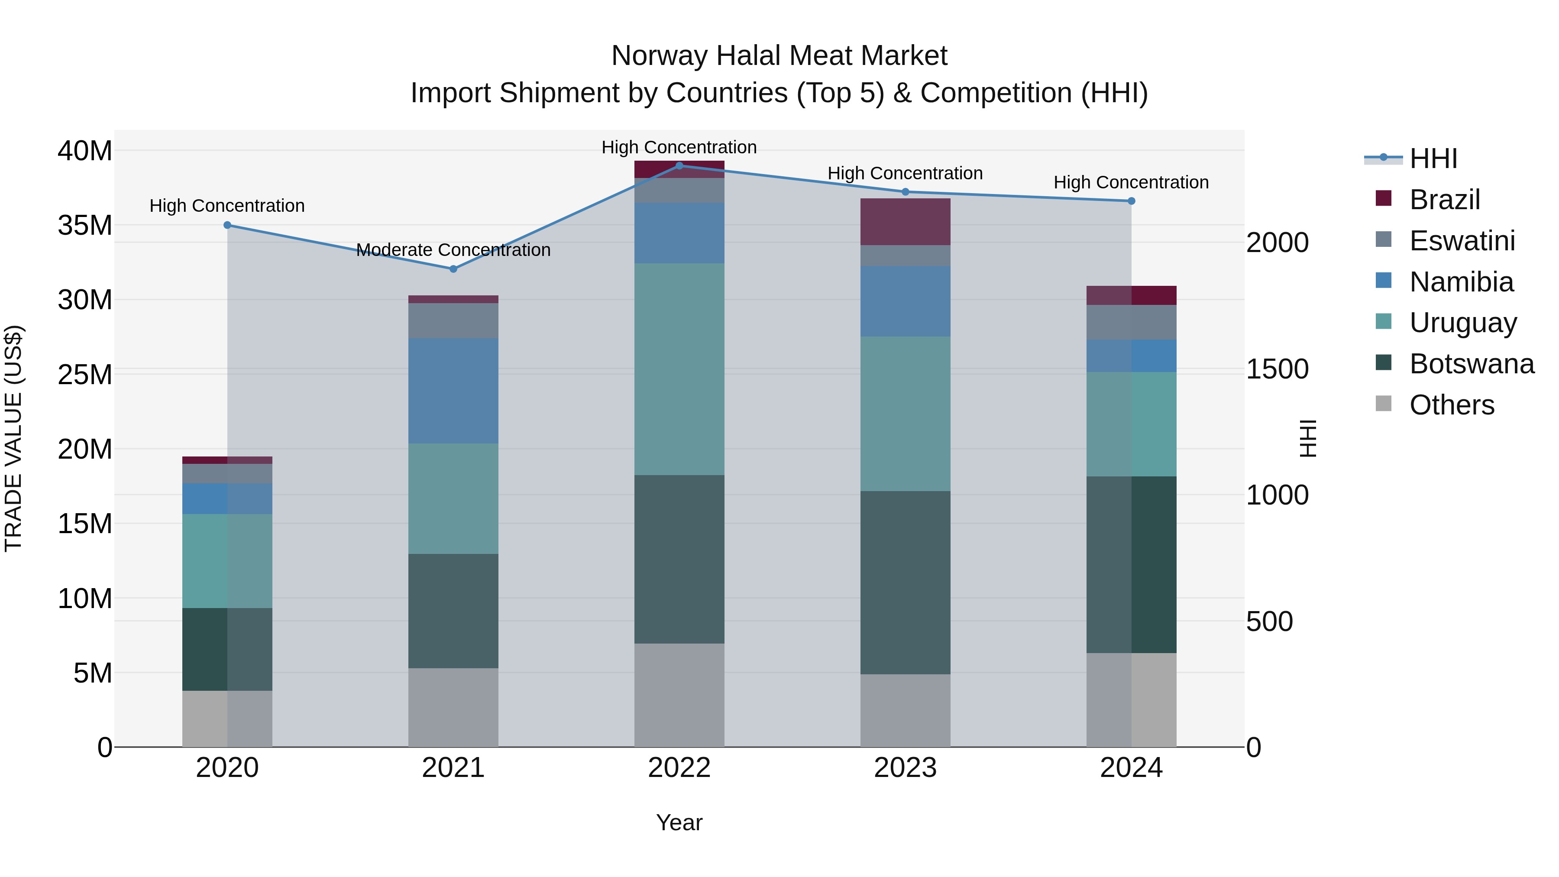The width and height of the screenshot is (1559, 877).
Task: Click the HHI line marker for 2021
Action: click(x=453, y=269)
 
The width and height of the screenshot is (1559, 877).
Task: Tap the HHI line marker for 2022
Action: click(x=679, y=165)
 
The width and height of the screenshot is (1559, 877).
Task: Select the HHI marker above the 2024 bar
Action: click(x=1131, y=201)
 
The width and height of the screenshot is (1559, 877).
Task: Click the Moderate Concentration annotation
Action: click(x=453, y=250)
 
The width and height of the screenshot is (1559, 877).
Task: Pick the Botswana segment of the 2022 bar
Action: click(x=679, y=559)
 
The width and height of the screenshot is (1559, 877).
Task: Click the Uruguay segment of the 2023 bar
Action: click(x=906, y=414)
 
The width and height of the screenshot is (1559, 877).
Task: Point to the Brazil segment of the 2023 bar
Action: click(x=906, y=221)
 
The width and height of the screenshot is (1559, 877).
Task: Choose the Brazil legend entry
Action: click(x=1444, y=200)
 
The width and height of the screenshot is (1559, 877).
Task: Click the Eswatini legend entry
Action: click(x=1462, y=241)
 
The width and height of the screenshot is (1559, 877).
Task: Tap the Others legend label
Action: click(x=1451, y=405)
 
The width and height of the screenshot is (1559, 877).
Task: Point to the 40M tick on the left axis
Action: click(x=85, y=151)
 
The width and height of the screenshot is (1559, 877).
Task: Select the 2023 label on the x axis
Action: click(x=906, y=768)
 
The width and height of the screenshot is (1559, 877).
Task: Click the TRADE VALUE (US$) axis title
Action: click(x=13, y=438)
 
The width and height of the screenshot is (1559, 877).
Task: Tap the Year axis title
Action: click(x=679, y=822)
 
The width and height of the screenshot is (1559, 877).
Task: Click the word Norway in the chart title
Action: click(x=659, y=56)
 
